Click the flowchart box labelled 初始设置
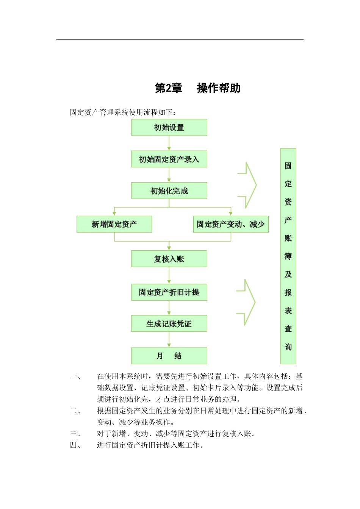(x=169, y=128)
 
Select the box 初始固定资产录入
(x=169, y=159)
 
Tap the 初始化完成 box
(x=169, y=191)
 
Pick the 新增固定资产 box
(x=114, y=224)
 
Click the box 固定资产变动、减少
(x=230, y=224)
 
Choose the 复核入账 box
(x=169, y=259)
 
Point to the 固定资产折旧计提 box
(x=169, y=292)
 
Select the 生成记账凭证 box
(x=169, y=324)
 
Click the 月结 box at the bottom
(x=169, y=356)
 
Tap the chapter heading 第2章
(x=169, y=88)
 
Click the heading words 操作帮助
(x=219, y=88)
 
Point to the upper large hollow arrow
(x=248, y=185)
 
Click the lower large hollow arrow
(x=247, y=302)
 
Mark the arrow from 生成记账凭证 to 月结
(x=169, y=340)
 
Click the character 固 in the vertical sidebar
(x=288, y=166)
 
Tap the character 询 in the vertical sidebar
(x=288, y=347)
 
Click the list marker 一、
(x=75, y=376)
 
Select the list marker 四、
(x=75, y=445)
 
